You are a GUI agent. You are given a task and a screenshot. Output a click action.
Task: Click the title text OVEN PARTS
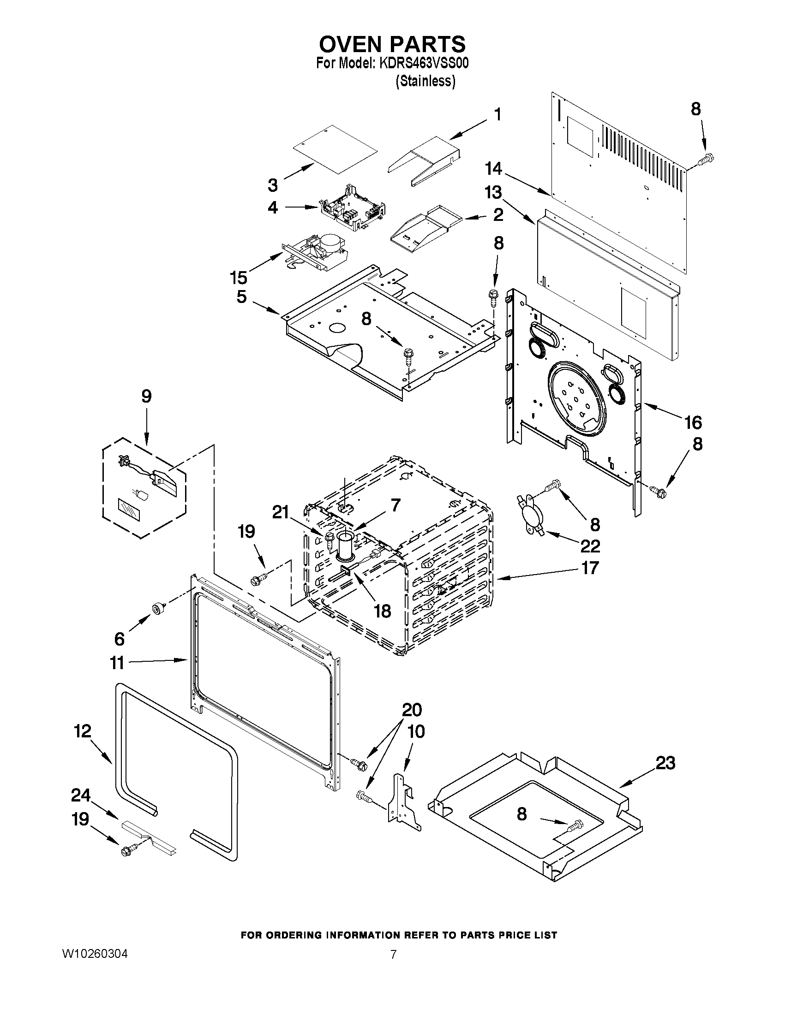pyautogui.click(x=392, y=44)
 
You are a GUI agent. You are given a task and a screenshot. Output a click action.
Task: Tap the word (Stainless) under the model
pyautogui.click(x=425, y=81)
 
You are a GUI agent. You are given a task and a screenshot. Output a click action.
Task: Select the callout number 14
pyautogui.click(x=493, y=169)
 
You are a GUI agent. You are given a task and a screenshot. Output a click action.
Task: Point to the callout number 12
pyautogui.click(x=83, y=731)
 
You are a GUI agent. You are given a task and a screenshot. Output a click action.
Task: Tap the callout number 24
pyautogui.click(x=80, y=795)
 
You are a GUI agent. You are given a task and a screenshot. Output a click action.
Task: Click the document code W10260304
pyautogui.click(x=95, y=954)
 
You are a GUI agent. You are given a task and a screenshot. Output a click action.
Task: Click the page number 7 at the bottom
pyautogui.click(x=394, y=955)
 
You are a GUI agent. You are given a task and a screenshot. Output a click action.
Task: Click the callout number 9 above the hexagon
pyautogui.click(x=146, y=397)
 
